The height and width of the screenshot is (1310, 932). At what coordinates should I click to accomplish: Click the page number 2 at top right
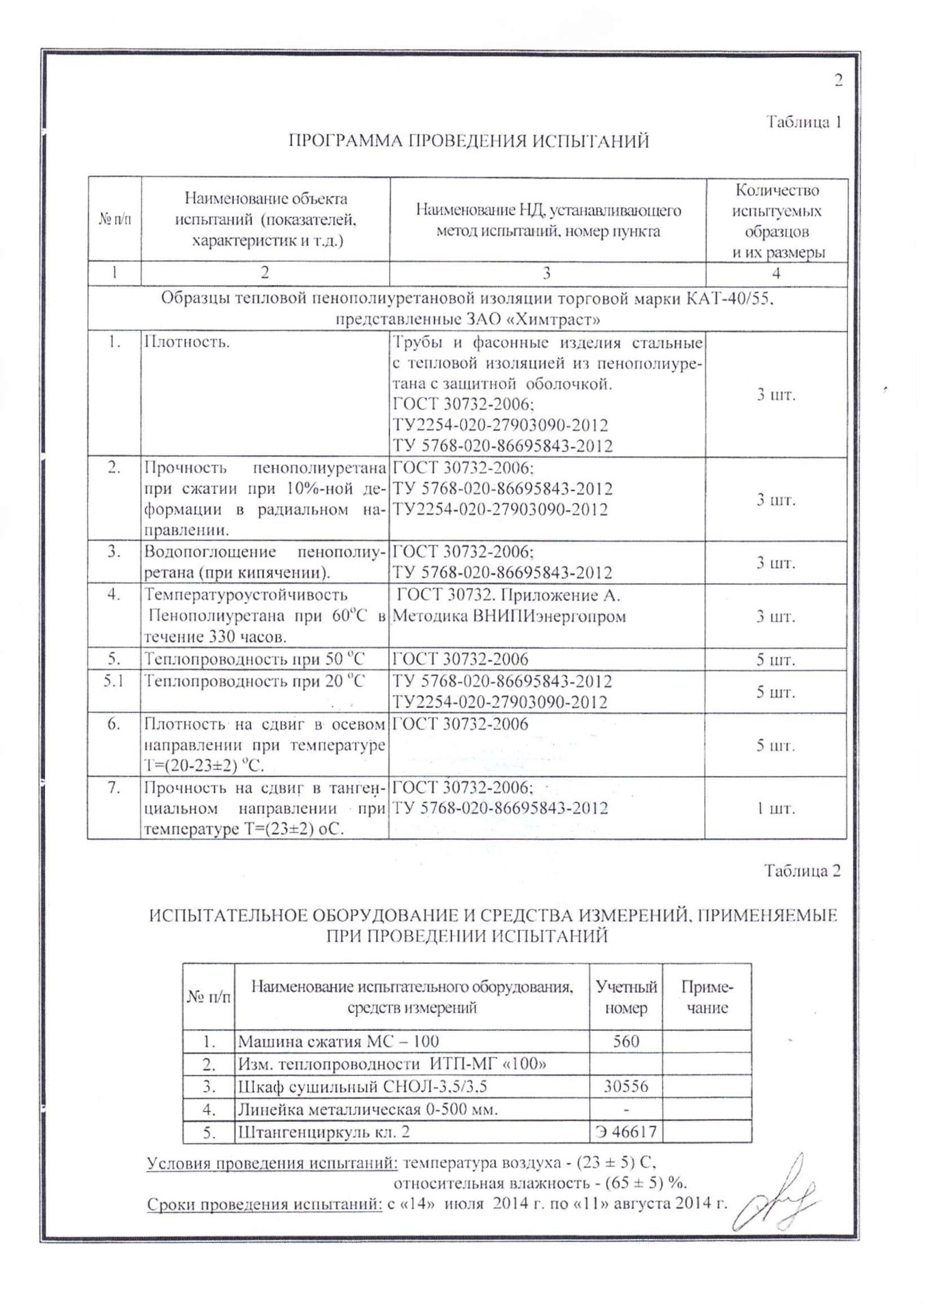[839, 81]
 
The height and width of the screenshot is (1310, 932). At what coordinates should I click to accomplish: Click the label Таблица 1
[803, 122]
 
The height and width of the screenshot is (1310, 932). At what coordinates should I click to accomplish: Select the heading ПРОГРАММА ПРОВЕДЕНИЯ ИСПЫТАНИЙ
[468, 141]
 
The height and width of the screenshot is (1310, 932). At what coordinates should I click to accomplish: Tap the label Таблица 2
[802, 871]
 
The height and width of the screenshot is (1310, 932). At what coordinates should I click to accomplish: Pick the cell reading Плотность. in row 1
[186, 342]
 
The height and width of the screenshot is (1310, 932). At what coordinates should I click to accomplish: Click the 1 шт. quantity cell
[775, 809]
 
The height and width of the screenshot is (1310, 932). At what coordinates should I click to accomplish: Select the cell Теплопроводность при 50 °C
[254, 659]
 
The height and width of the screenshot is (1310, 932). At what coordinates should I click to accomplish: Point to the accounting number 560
[626, 1041]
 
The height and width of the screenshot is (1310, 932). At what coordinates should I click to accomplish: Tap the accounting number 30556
[626, 1086]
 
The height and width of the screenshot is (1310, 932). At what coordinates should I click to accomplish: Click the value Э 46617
[626, 1132]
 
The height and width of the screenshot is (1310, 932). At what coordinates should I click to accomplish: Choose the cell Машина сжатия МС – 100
[338, 1041]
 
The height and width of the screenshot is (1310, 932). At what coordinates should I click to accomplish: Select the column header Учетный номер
[626, 998]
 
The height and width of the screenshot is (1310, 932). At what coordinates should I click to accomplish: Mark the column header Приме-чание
[707, 998]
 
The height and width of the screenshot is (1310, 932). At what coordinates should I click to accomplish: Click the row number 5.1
[113, 681]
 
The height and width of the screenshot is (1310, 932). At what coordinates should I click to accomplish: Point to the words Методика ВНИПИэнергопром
[510, 617]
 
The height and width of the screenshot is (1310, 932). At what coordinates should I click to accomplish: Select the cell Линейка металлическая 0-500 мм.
[368, 1109]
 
